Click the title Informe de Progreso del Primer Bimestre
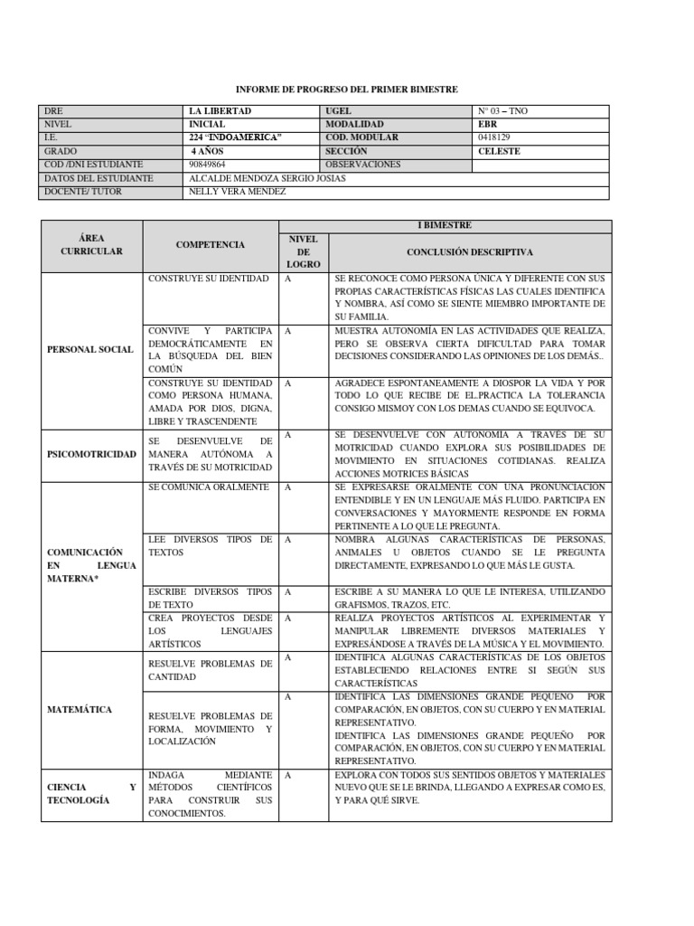tap(347, 90)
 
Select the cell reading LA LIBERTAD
tap(220, 111)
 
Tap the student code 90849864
tap(209, 165)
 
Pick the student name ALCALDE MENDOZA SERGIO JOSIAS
tap(267, 178)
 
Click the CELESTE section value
tap(499, 151)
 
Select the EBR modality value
tap(488, 124)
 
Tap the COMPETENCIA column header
tap(210, 245)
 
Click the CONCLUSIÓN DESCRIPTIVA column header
tap(470, 251)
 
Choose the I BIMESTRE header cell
tap(445, 225)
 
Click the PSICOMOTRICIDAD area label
tap(91, 454)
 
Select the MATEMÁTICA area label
tap(80, 710)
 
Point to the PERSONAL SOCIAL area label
tap(90, 349)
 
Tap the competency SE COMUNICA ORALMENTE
tap(209, 487)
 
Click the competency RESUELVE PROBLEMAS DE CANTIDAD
tap(210, 670)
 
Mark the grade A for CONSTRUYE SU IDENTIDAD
tap(288, 279)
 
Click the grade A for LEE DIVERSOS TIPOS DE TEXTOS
tap(288, 540)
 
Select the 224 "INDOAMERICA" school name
tap(236, 137)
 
